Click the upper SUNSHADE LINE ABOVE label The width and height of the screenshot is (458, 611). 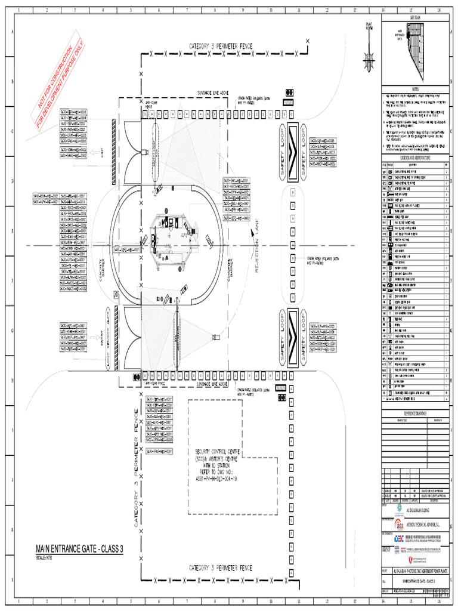point(213,93)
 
